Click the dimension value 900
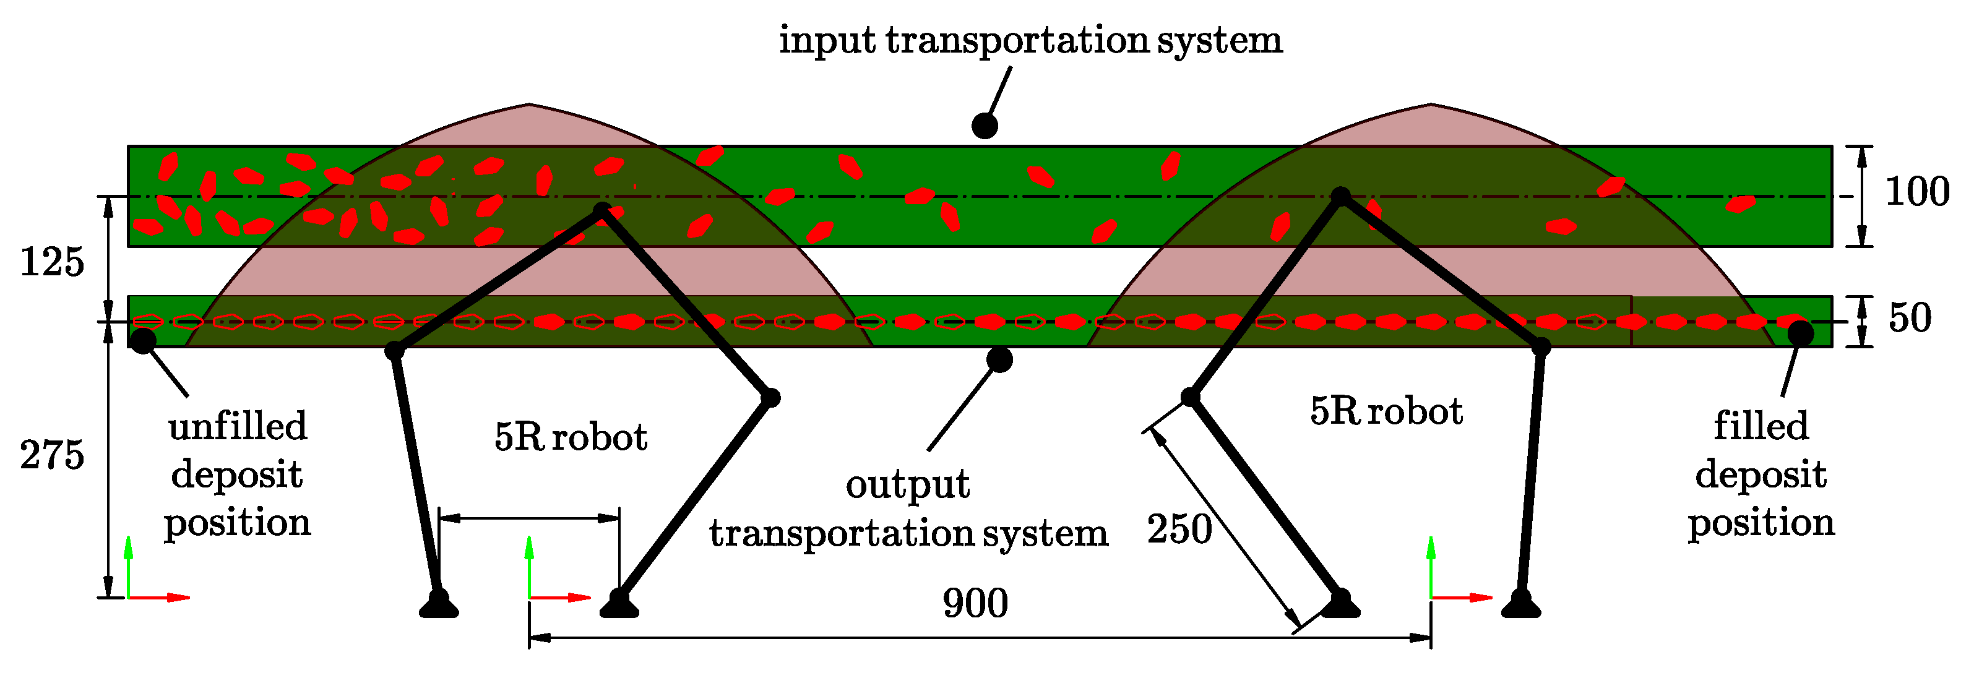975,604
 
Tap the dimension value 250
1179,530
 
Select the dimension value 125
51,263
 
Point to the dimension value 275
51,456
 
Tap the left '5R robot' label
571,437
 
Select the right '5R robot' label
1386,411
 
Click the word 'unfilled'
238,427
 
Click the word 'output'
907,485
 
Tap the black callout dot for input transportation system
985,126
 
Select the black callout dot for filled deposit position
1801,333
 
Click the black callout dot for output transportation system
999,359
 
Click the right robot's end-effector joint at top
1341,196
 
